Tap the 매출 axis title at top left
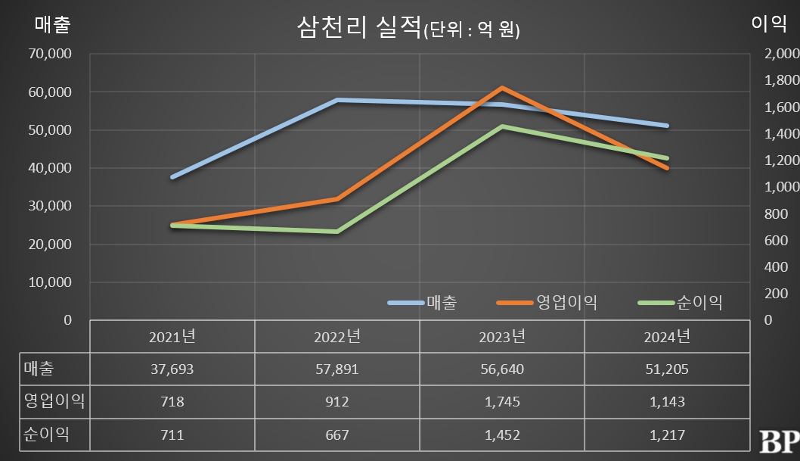[53, 24]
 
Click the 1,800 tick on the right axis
[777, 80]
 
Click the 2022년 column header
[337, 336]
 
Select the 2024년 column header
[667, 336]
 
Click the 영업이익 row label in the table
[54, 401]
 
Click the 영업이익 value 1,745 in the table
[502, 401]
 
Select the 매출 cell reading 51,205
[667, 369]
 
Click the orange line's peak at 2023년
[502, 88]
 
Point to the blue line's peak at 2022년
[337, 100]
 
